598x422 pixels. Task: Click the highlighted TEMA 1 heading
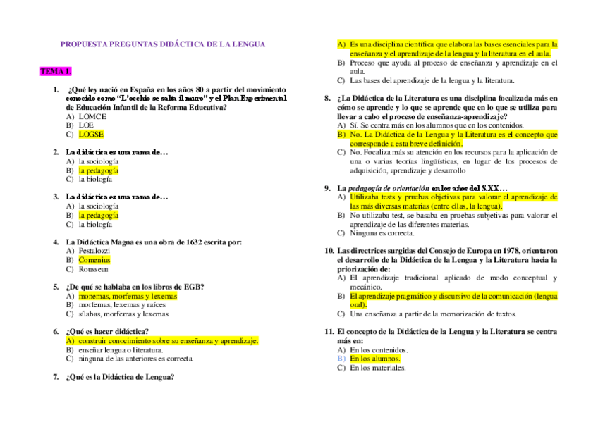tap(56, 71)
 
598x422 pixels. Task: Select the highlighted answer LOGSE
tap(91, 134)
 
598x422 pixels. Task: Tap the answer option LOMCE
tap(92, 116)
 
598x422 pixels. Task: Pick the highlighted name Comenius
tap(94, 260)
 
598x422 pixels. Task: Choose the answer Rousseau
tap(94, 269)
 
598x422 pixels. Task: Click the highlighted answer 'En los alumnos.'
tap(375, 358)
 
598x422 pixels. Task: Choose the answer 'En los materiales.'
tap(378, 367)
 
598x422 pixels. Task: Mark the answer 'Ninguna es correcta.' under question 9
tap(382, 233)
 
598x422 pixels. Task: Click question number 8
tap(327, 98)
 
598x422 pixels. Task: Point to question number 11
tap(329, 331)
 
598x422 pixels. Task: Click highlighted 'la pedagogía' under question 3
tap(99, 215)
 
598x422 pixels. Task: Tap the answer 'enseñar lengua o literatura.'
tap(121, 349)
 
